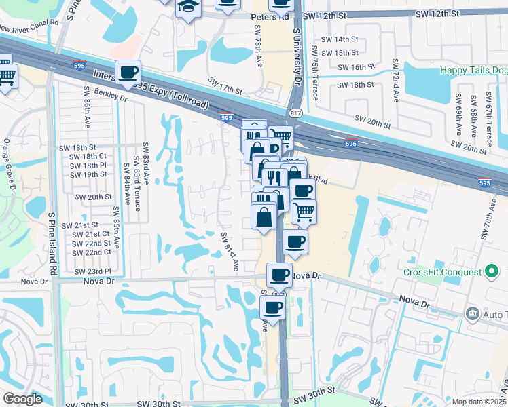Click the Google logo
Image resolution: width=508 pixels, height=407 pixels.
coord(22,399)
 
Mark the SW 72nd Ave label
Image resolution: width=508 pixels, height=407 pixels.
coord(395,81)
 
